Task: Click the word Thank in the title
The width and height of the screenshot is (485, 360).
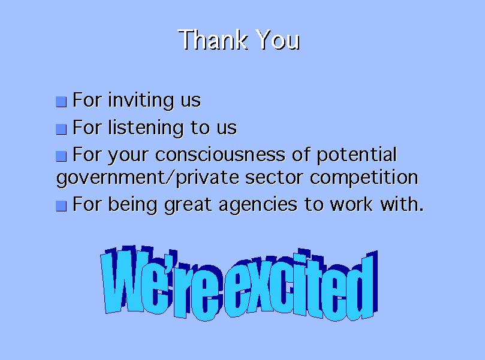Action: click(213, 40)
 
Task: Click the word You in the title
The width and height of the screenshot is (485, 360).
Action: click(278, 40)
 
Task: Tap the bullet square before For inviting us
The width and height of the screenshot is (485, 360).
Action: click(61, 102)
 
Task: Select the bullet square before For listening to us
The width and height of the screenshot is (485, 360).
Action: click(61, 129)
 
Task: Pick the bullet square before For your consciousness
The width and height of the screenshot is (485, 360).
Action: click(61, 156)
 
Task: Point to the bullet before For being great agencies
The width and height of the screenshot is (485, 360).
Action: click(61, 206)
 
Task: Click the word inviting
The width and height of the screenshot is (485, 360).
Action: click(141, 101)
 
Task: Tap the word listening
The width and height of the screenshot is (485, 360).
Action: click(146, 128)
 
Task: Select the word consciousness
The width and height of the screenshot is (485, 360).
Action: click(220, 155)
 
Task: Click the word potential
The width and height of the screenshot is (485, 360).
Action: click(357, 155)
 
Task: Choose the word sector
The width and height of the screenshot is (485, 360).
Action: click(274, 178)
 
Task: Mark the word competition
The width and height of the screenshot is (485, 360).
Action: click(364, 177)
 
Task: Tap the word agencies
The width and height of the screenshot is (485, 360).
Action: click(258, 205)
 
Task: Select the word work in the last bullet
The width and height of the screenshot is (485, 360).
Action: click(351, 205)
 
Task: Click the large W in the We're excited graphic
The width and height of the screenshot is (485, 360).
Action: click(125, 280)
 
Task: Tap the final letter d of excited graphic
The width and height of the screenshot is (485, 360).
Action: click(362, 286)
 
